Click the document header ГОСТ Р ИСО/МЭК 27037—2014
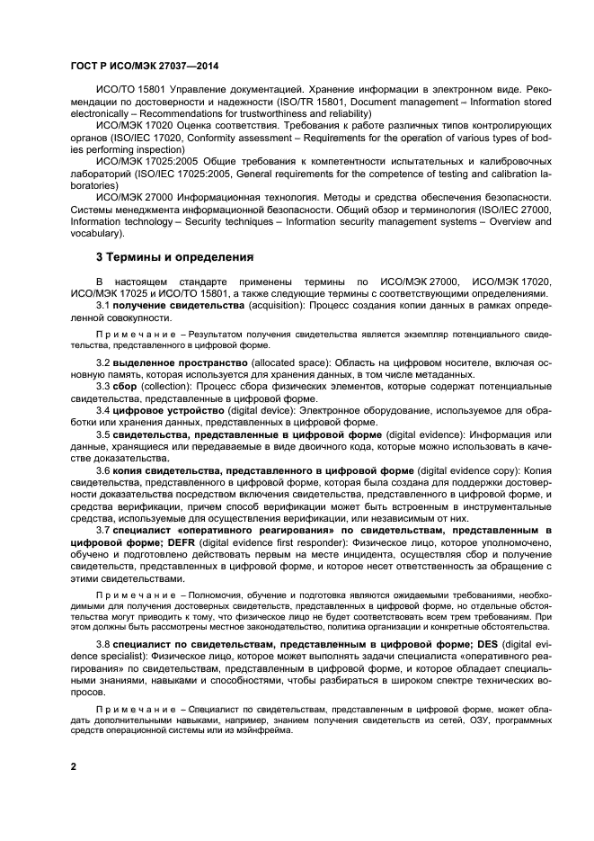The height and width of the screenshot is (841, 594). [145, 67]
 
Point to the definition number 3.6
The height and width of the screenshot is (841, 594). [103, 470]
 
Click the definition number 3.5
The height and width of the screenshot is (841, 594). [103, 434]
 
